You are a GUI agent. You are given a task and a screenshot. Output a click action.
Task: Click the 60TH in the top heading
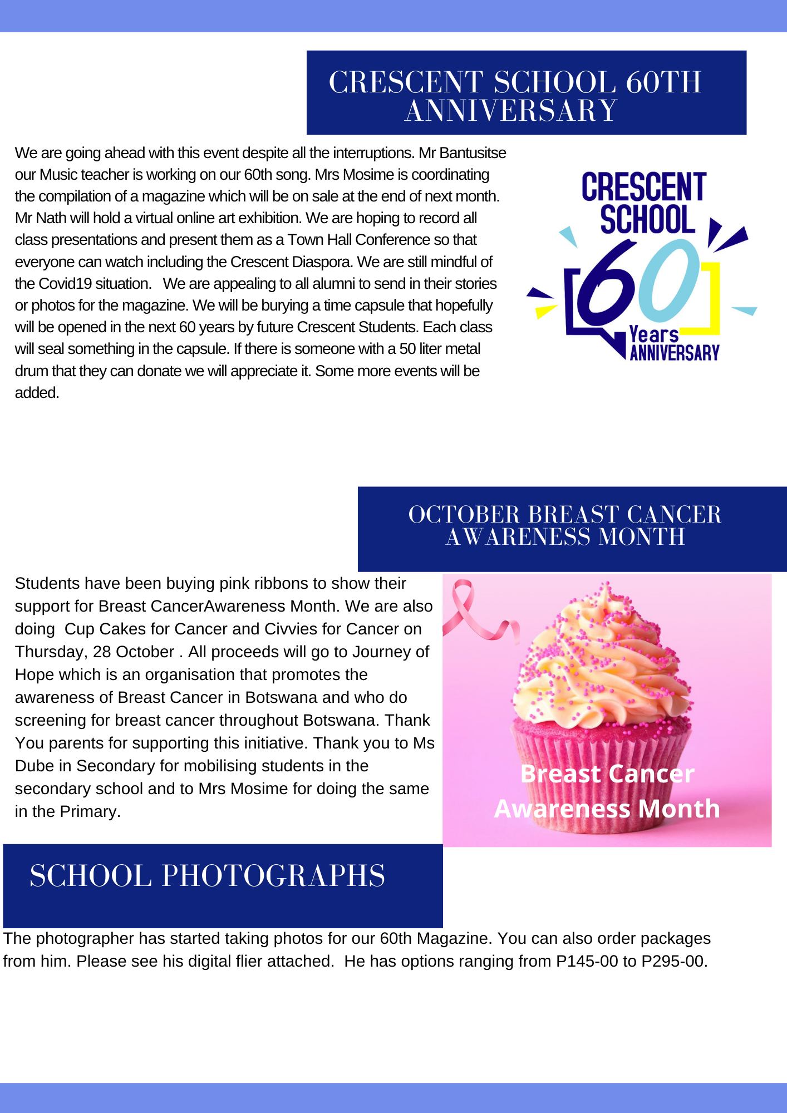click(663, 82)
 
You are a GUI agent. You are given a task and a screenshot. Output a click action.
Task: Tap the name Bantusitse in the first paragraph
click(471, 153)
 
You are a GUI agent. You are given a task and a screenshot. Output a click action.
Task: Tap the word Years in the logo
click(653, 334)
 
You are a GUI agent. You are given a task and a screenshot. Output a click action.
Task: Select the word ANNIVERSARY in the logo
click(675, 353)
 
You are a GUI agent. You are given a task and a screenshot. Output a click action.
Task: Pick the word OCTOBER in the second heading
click(464, 515)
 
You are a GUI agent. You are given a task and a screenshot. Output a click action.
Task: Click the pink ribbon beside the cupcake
click(473, 612)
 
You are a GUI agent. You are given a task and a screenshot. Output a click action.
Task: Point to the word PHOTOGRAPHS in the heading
click(273, 876)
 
